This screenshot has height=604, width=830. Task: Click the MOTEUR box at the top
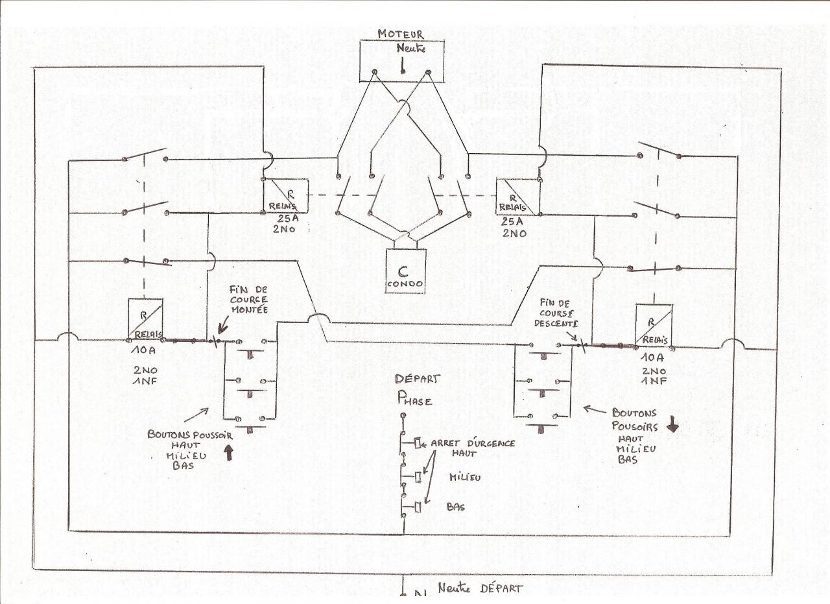(403, 62)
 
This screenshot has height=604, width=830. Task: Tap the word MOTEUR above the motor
(401, 33)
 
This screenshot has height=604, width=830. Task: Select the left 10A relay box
(145, 319)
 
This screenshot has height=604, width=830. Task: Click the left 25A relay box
(286, 196)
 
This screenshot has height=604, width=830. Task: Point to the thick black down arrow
(672, 426)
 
